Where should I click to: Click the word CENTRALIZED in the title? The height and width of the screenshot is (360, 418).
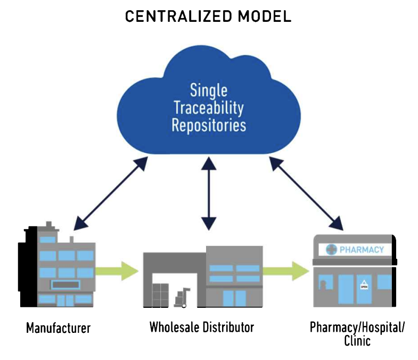(178, 17)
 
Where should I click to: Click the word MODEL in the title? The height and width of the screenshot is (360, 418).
(265, 17)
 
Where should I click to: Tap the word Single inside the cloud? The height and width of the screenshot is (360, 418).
(209, 91)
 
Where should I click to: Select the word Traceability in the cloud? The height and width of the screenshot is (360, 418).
(209, 108)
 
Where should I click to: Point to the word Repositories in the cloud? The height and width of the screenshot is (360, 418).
(209, 125)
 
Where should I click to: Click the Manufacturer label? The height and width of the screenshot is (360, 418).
(59, 328)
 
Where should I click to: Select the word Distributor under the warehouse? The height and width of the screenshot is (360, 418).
(228, 327)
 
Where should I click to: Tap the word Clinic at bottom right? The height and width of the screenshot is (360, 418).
(357, 341)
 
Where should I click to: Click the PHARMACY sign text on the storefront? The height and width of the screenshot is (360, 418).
(362, 250)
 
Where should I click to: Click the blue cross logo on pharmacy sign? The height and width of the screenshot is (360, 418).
(331, 250)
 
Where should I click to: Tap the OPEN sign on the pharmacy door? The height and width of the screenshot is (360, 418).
(364, 285)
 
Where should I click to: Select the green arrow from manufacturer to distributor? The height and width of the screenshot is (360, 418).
(117, 271)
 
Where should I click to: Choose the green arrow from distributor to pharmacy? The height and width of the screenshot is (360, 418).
(286, 271)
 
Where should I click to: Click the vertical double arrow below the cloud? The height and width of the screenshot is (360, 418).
(209, 194)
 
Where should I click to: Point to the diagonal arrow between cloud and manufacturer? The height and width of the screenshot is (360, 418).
(111, 193)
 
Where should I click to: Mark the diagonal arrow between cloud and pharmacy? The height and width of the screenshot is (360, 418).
(306, 193)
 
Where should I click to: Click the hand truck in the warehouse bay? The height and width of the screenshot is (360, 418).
(182, 297)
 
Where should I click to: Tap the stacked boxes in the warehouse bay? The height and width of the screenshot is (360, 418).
(160, 295)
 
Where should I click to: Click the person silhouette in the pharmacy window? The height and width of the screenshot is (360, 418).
(323, 285)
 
